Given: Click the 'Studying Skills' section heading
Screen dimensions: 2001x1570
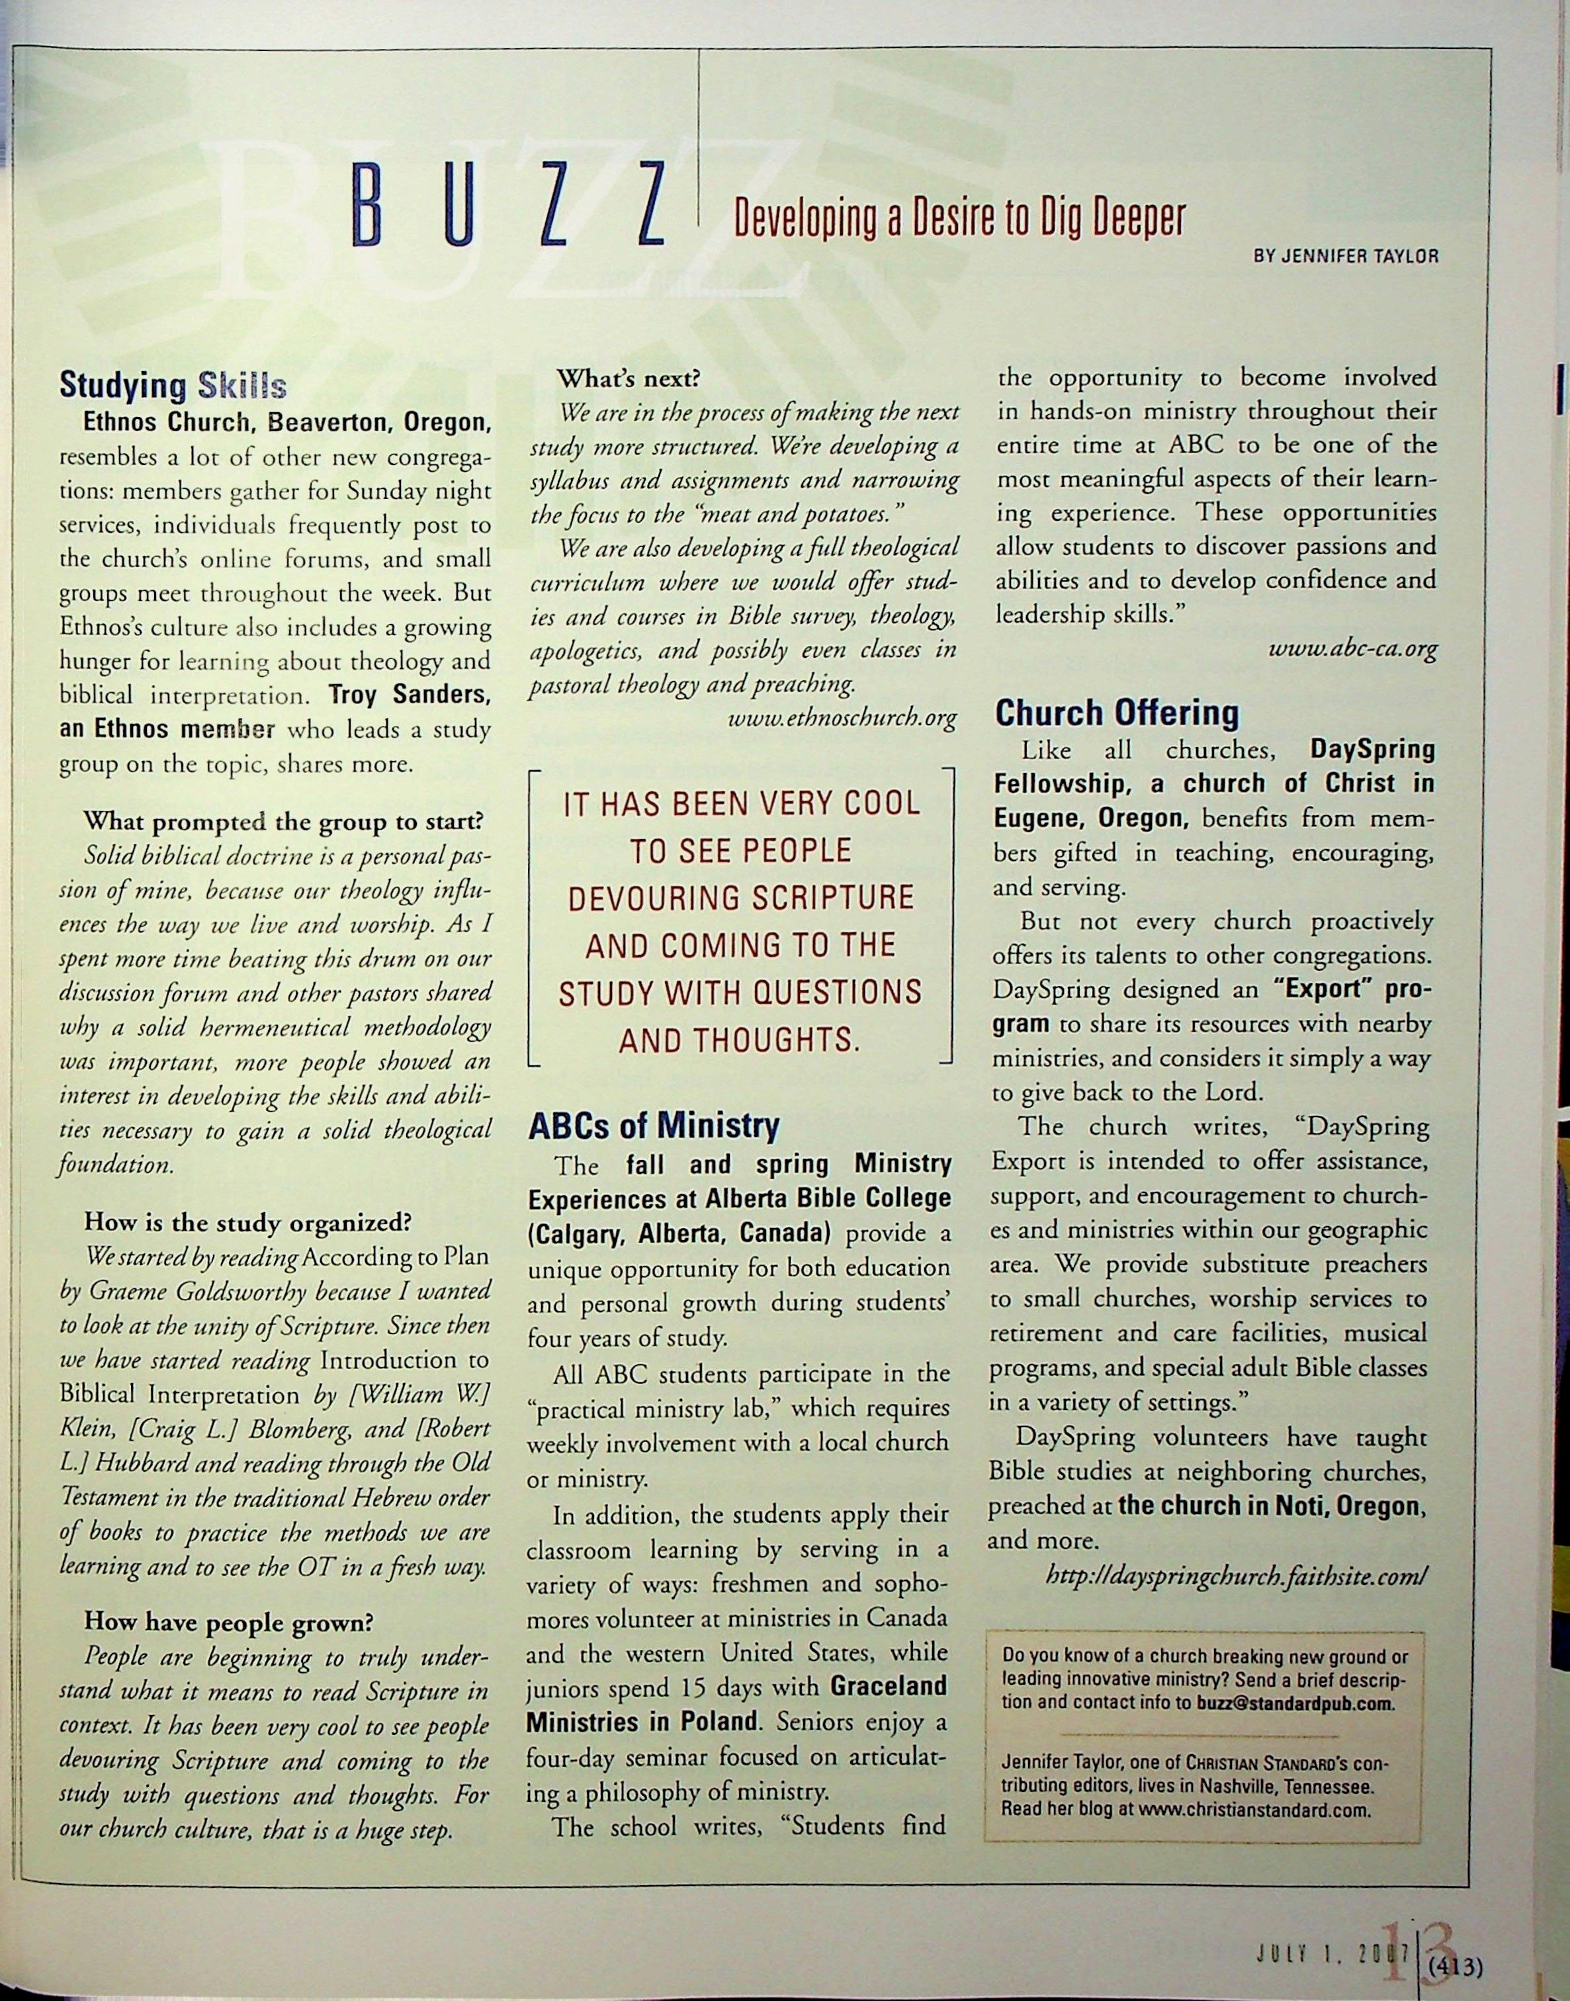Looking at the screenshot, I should (x=173, y=386).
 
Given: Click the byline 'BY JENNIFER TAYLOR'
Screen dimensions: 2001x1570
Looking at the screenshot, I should (x=1346, y=257).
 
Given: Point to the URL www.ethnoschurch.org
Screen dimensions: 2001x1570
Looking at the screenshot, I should (x=841, y=717).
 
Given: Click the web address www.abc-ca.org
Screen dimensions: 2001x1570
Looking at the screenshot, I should (x=1352, y=650).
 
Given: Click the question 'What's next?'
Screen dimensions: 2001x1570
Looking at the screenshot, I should (x=629, y=378).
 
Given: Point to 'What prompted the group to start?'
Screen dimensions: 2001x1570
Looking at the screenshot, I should (x=283, y=821).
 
